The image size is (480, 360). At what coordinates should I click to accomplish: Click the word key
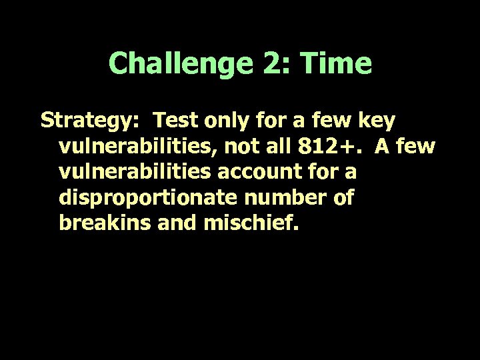(377, 122)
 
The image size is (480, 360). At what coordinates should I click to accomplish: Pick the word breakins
(98, 223)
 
